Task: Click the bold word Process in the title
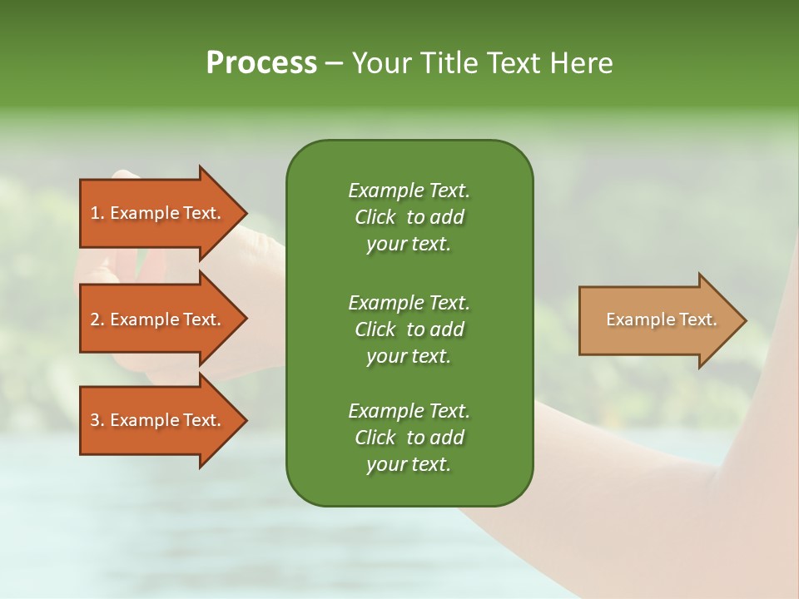261,63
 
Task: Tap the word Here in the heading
581,63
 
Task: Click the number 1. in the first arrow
97,213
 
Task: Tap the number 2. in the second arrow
97,319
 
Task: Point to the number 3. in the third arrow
97,420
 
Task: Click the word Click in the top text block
375,217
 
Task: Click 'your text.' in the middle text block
409,356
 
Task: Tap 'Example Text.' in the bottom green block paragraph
409,411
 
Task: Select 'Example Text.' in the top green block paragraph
409,191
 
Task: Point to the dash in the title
335,63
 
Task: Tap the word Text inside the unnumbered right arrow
697,319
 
